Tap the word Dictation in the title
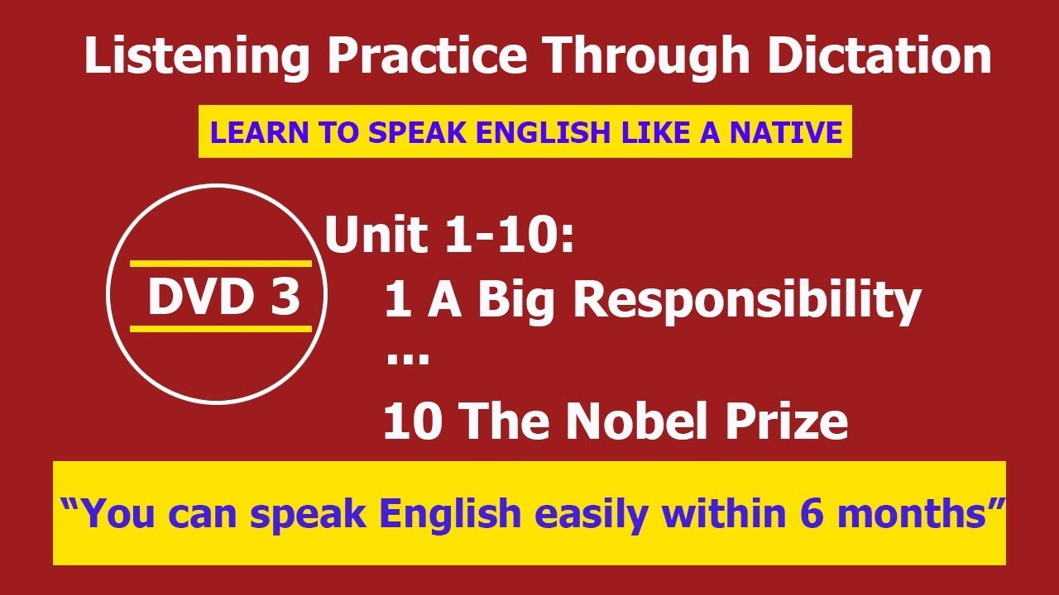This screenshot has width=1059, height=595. [879, 55]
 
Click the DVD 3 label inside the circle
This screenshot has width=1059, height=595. [224, 297]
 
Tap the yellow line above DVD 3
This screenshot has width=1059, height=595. [221, 264]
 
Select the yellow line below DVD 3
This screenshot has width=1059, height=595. [221, 329]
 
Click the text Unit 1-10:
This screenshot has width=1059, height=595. [449, 234]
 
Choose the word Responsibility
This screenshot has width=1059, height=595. [747, 302]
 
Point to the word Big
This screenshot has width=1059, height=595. [515, 302]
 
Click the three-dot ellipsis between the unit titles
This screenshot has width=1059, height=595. [408, 359]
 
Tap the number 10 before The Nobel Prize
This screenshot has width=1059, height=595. [413, 421]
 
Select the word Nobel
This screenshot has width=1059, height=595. [637, 421]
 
